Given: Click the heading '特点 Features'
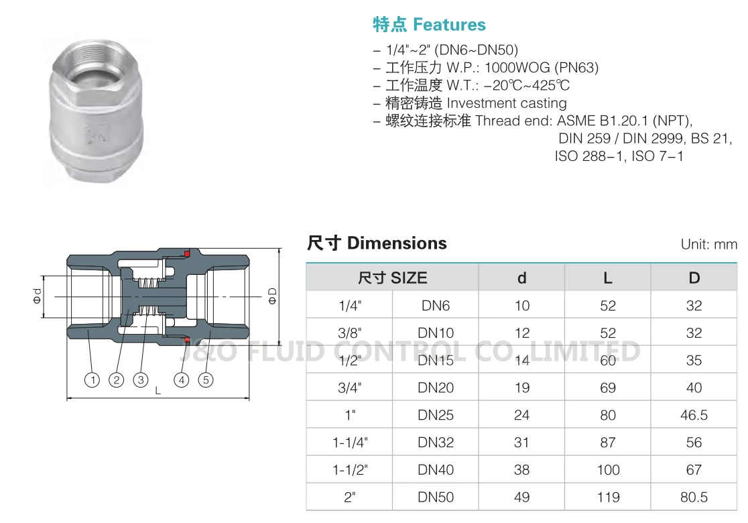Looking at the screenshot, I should click(x=429, y=25).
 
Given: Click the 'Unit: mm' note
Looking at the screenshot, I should click(x=708, y=244).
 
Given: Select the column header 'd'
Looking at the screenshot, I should click(x=521, y=278).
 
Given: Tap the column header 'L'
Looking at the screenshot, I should click(x=607, y=278).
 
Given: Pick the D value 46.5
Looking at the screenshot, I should click(x=694, y=415).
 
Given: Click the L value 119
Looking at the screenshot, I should click(x=608, y=498).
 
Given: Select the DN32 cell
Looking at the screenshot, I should click(x=436, y=443).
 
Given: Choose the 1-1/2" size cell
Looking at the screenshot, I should click(x=351, y=470).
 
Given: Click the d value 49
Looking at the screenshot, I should click(x=521, y=498).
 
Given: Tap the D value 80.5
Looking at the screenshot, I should click(x=694, y=498).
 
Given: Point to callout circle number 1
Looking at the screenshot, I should click(x=92, y=380).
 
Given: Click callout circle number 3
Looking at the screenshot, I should click(x=140, y=380).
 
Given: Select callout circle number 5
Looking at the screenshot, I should click(x=206, y=380).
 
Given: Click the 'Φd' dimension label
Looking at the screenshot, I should click(x=37, y=296).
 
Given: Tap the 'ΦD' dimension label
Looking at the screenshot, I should click(x=272, y=296).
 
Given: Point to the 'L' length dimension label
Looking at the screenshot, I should click(x=158, y=390).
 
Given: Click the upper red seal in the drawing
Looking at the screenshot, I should click(x=187, y=253).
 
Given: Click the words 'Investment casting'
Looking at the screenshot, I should click(x=507, y=103).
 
